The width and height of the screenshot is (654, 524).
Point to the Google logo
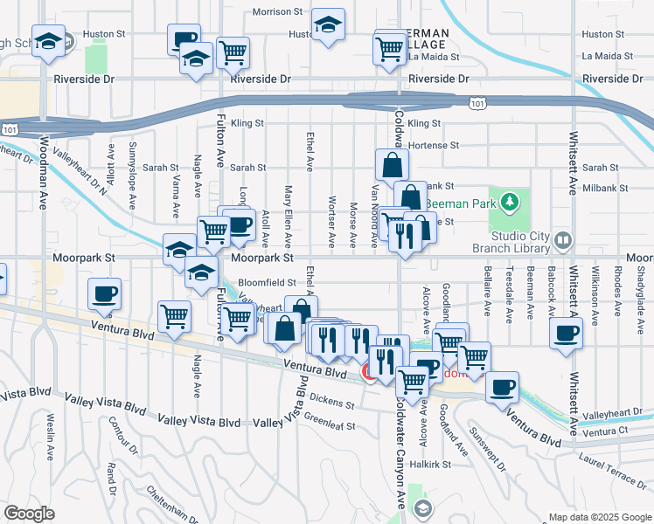click(29, 514)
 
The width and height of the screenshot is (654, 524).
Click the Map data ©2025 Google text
click(599, 516)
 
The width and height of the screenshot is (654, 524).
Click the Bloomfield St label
click(267, 283)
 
